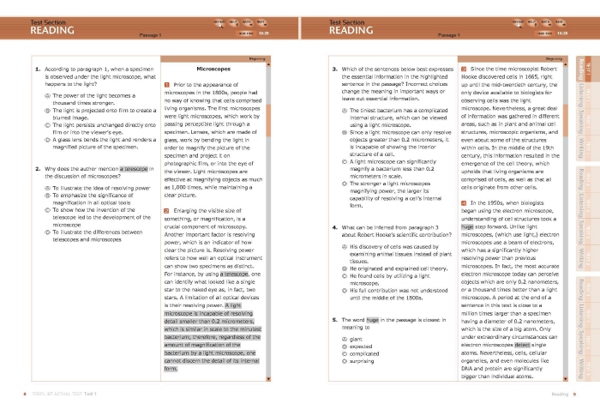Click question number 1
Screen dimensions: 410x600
tap(37, 67)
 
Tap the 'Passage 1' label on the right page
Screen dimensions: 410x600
tap(449, 36)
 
